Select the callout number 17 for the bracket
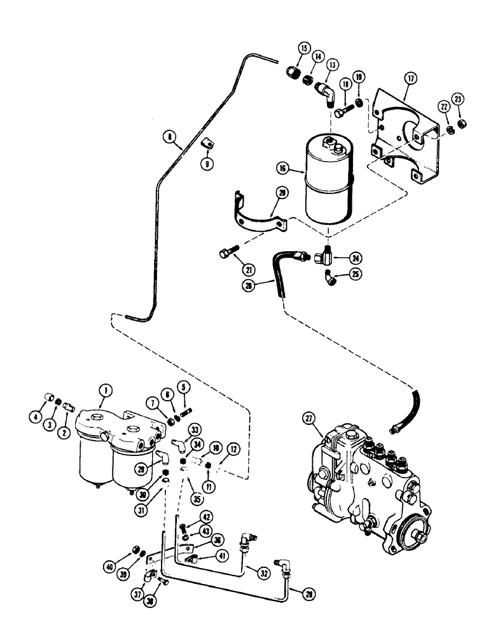(x=410, y=79)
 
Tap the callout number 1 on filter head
(x=102, y=403)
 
